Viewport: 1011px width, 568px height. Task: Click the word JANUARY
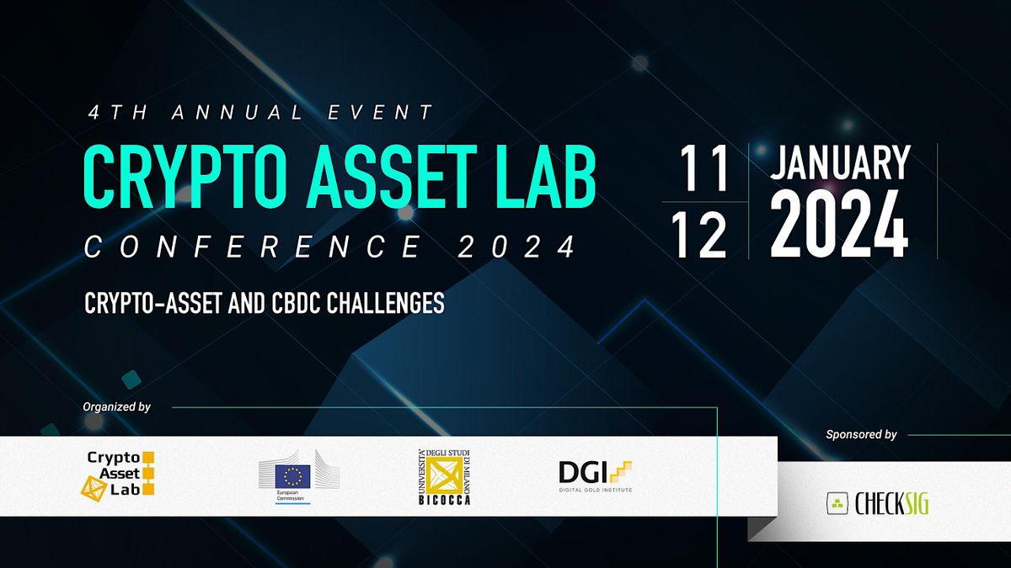(840, 162)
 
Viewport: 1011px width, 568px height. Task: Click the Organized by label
(117, 407)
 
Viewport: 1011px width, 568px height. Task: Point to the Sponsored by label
(861, 435)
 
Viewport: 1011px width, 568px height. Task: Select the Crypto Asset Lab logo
(120, 474)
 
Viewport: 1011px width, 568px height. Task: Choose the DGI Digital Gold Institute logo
(595, 476)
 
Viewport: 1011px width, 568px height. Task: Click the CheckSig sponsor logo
(878, 503)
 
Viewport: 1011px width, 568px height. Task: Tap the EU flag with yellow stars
(292, 476)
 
